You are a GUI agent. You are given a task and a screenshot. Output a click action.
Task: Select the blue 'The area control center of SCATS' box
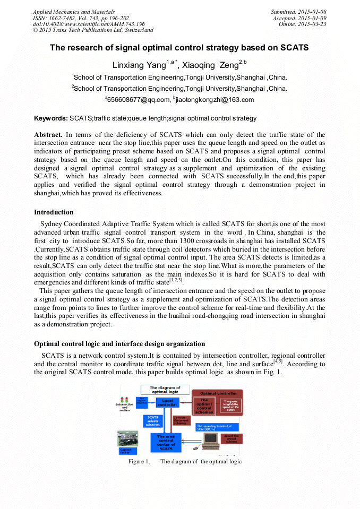[166, 442]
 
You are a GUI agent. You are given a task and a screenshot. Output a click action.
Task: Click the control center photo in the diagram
[127, 439]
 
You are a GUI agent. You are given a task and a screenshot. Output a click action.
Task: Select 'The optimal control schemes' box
[204, 406]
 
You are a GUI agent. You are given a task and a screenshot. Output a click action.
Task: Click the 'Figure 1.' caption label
[139, 461]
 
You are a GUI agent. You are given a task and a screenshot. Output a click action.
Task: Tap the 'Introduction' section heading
[54, 212]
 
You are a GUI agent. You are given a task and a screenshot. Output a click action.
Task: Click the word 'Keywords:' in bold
[51, 118]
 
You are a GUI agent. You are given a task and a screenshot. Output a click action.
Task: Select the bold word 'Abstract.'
[48, 135]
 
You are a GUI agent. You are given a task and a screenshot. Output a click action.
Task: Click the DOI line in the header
[89, 24]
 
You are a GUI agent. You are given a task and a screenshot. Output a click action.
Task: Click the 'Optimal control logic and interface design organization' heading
[119, 344]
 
